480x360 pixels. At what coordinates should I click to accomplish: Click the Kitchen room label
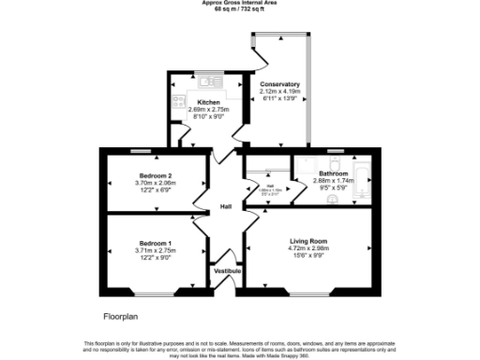(x=209, y=101)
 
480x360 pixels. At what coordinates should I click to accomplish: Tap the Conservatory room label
(x=280, y=83)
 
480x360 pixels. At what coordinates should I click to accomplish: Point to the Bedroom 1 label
(x=154, y=243)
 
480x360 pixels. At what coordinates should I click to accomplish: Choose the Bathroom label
(x=334, y=172)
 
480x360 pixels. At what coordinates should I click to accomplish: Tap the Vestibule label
(x=228, y=271)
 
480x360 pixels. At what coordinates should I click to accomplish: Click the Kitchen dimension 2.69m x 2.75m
(x=209, y=110)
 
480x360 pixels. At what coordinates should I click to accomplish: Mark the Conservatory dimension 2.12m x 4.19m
(x=280, y=91)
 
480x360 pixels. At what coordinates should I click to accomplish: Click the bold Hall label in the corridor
(x=226, y=206)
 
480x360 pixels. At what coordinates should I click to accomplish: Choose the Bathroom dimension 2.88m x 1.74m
(x=334, y=180)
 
